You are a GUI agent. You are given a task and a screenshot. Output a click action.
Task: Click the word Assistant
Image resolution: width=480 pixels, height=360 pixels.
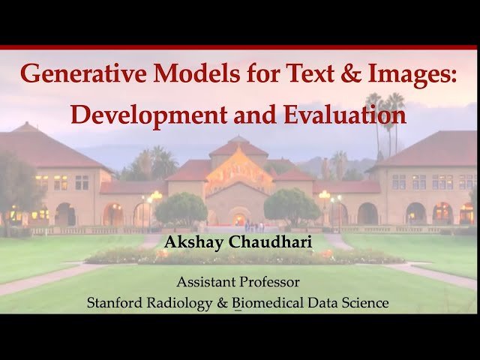pyautogui.click(x=205, y=283)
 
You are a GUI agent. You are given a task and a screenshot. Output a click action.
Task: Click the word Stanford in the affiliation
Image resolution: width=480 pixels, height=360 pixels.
pyautogui.click(x=115, y=303)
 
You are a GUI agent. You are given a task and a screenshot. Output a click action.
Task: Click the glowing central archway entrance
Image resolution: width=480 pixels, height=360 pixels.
pyautogui.click(x=239, y=217)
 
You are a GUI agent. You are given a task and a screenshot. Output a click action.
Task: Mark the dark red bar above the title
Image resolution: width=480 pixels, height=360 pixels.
pyautogui.click(x=240, y=47)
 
